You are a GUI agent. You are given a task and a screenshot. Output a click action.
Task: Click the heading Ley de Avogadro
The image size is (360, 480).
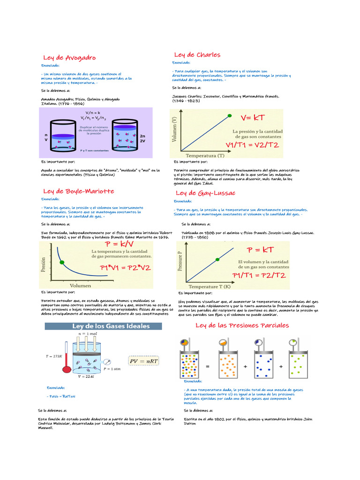point(69,58)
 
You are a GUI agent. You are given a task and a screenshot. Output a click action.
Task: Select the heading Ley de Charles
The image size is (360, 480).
point(197,55)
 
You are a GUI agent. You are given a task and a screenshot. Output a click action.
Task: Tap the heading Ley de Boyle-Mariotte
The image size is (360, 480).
point(78,191)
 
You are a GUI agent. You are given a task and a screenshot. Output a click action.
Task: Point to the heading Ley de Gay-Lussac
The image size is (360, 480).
point(205,193)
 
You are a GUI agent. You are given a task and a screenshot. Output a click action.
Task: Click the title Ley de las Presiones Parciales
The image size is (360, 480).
point(242,325)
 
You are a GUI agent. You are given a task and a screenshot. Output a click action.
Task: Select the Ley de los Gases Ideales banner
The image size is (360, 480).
point(110,326)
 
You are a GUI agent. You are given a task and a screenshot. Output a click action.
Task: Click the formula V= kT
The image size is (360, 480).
point(253,117)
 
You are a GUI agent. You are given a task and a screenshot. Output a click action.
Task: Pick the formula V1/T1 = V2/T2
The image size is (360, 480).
point(252,145)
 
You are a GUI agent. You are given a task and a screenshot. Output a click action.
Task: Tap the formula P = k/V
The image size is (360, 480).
point(120,244)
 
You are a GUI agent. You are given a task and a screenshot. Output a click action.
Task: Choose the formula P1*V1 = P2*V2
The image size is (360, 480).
point(125,268)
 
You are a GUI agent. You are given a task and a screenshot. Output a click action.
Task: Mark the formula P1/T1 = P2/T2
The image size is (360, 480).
point(259,275)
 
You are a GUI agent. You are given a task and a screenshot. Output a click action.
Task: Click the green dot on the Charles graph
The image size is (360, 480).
point(229,115)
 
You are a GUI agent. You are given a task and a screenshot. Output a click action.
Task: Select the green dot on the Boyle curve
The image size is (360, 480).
point(61,262)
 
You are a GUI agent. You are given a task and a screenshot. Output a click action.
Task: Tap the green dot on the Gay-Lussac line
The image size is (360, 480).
point(217,259)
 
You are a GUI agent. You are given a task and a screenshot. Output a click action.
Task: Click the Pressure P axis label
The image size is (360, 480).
point(180,263)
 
